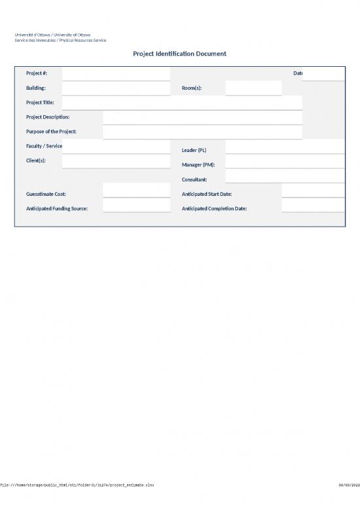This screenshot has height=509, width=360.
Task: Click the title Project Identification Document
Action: point(180,54)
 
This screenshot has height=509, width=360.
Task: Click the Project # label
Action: point(36,73)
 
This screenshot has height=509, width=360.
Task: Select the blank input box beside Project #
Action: point(115,73)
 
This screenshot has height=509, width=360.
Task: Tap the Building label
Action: point(36,88)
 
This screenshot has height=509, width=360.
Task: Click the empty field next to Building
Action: point(115,88)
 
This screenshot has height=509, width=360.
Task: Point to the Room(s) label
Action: point(192,88)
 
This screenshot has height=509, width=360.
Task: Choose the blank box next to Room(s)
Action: point(253,88)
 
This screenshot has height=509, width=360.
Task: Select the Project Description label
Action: point(48,117)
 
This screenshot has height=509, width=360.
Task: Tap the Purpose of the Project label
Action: point(51,132)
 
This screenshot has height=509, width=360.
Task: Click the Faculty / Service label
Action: point(44,145)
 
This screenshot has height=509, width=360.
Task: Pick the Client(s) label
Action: point(36,160)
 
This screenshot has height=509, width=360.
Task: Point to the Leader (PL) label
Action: point(194,150)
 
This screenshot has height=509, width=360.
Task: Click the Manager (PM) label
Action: point(198,164)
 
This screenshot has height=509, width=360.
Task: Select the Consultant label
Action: point(194,179)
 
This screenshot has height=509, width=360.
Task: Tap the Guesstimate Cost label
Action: point(46,194)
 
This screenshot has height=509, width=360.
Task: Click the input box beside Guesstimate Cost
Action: point(136,191)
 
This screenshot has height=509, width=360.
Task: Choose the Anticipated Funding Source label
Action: point(57,208)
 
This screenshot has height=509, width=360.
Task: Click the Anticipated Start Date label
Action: point(206,194)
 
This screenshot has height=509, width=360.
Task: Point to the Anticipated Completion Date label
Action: point(214,208)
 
